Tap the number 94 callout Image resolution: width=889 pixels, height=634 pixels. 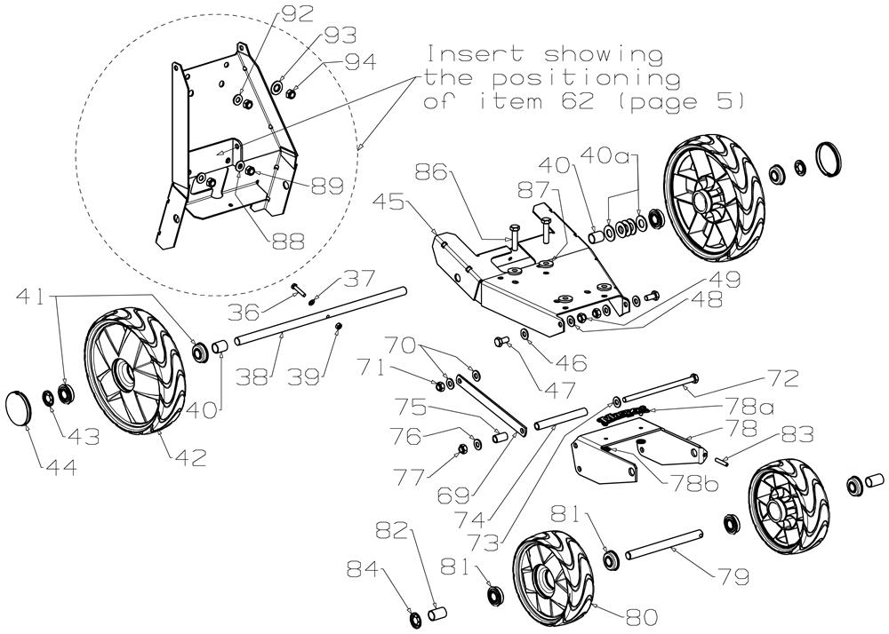coord(360,62)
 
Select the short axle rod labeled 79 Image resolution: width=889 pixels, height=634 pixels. coord(662,544)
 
